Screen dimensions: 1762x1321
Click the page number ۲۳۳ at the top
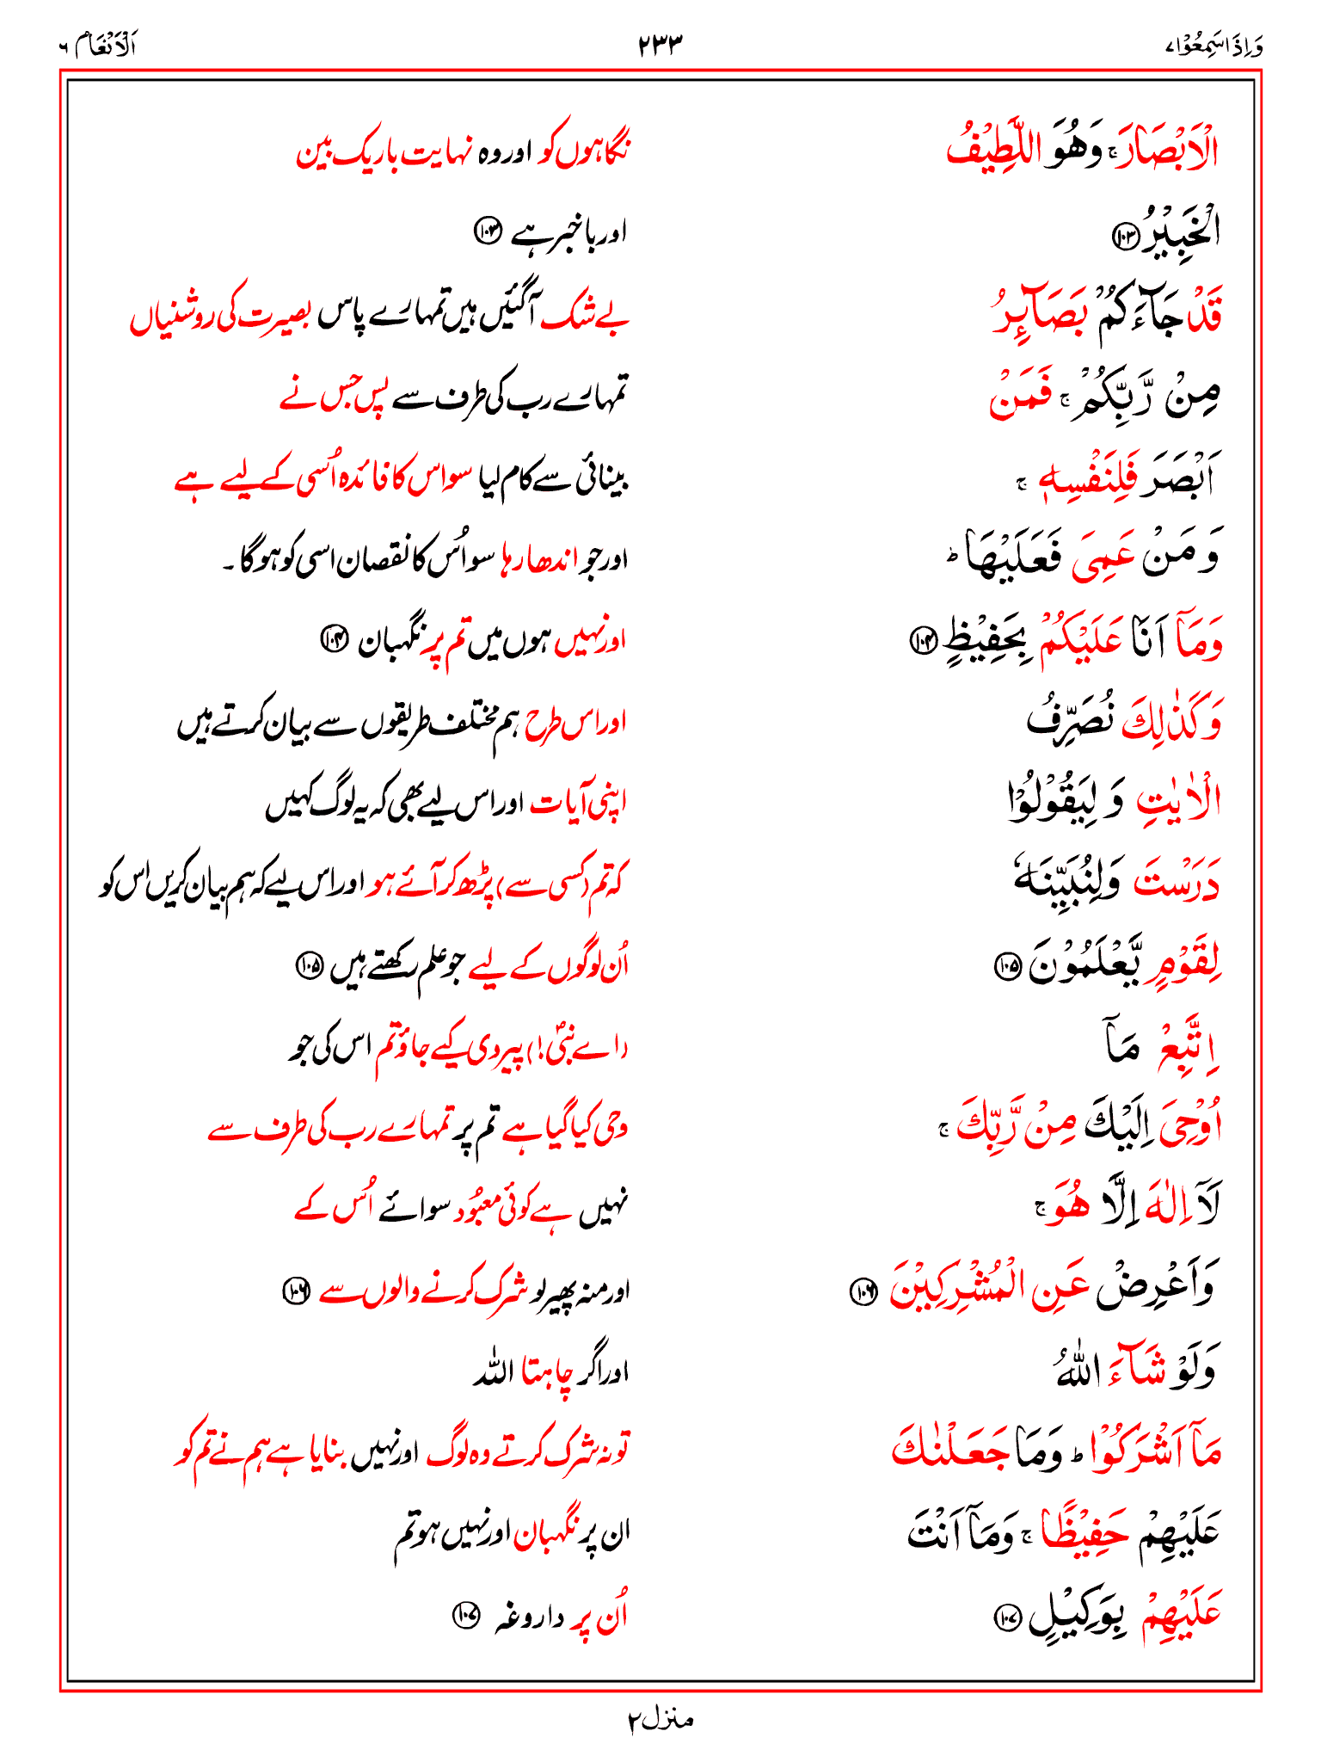pos(660,44)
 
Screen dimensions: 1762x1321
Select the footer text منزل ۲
pos(660,1721)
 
